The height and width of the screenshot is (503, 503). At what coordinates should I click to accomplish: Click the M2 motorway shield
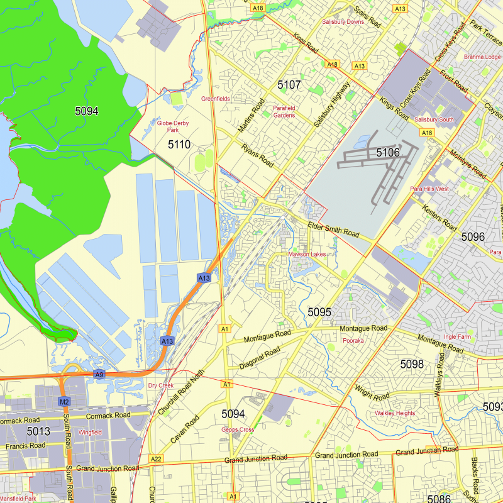(x=64, y=401)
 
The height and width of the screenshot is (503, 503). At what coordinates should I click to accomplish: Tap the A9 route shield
(x=99, y=375)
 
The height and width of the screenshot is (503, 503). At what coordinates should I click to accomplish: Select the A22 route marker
(x=157, y=460)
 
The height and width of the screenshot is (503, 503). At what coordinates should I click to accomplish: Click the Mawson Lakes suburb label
(x=307, y=254)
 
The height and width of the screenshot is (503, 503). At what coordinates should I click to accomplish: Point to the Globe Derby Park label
(x=173, y=126)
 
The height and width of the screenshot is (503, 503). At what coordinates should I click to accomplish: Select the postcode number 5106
(x=388, y=152)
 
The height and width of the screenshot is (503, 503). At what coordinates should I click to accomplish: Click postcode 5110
(x=179, y=145)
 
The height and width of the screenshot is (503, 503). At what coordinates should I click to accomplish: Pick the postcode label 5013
(x=38, y=431)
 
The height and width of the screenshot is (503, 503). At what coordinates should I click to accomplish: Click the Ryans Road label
(x=258, y=156)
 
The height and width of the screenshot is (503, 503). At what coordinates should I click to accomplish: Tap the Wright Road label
(x=372, y=393)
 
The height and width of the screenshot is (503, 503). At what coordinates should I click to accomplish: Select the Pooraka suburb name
(x=353, y=341)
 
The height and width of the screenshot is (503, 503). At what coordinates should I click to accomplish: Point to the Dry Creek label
(x=160, y=385)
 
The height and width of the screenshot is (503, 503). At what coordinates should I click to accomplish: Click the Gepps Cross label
(x=238, y=430)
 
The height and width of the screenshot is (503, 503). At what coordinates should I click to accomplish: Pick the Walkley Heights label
(x=395, y=413)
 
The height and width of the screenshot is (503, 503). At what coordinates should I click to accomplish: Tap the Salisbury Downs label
(x=343, y=21)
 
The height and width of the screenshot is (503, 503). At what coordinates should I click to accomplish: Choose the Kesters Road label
(x=439, y=217)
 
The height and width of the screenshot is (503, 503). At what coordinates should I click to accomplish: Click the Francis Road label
(x=25, y=445)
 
